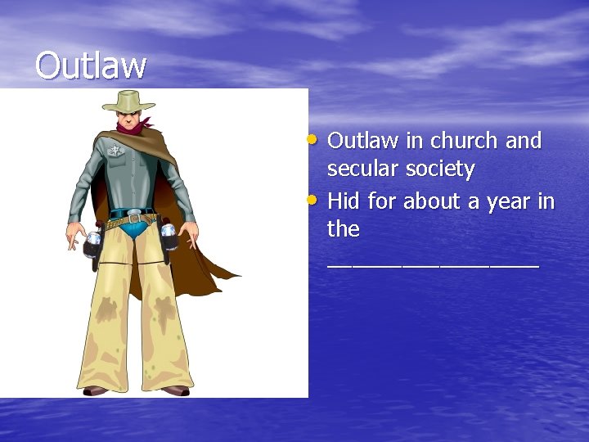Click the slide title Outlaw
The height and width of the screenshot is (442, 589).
pos(91,65)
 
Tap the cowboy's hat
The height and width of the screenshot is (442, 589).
pos(129,101)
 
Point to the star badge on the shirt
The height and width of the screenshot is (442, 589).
pos(114,151)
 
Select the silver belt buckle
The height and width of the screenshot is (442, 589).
pos(134,219)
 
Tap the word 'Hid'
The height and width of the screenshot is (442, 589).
pos(344,201)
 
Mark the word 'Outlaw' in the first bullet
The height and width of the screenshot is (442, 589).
pos(362,141)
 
